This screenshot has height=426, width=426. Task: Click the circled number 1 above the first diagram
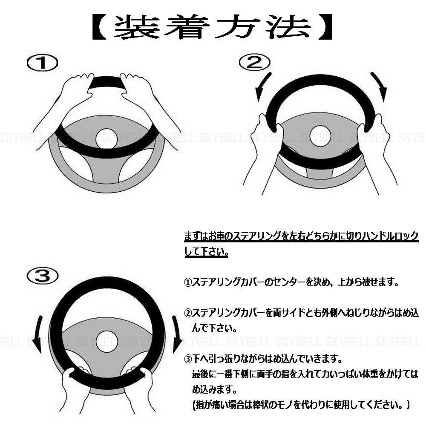(x=42, y=63)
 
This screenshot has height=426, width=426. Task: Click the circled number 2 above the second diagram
(x=255, y=62)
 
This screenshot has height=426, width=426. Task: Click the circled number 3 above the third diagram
(x=42, y=276)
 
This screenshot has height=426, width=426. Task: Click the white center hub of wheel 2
(x=320, y=136)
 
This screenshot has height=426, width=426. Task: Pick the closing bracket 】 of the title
(x=325, y=27)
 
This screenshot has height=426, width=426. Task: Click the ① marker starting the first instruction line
(x=188, y=282)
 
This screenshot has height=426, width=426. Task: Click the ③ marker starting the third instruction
(x=188, y=359)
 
